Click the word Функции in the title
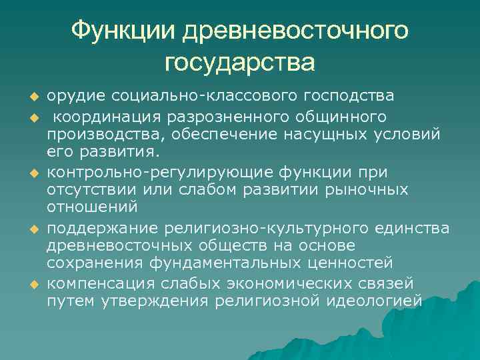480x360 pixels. point(124,30)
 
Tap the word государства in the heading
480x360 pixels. point(240,62)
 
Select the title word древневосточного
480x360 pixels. point(296,30)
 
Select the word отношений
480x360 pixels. point(92,207)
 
